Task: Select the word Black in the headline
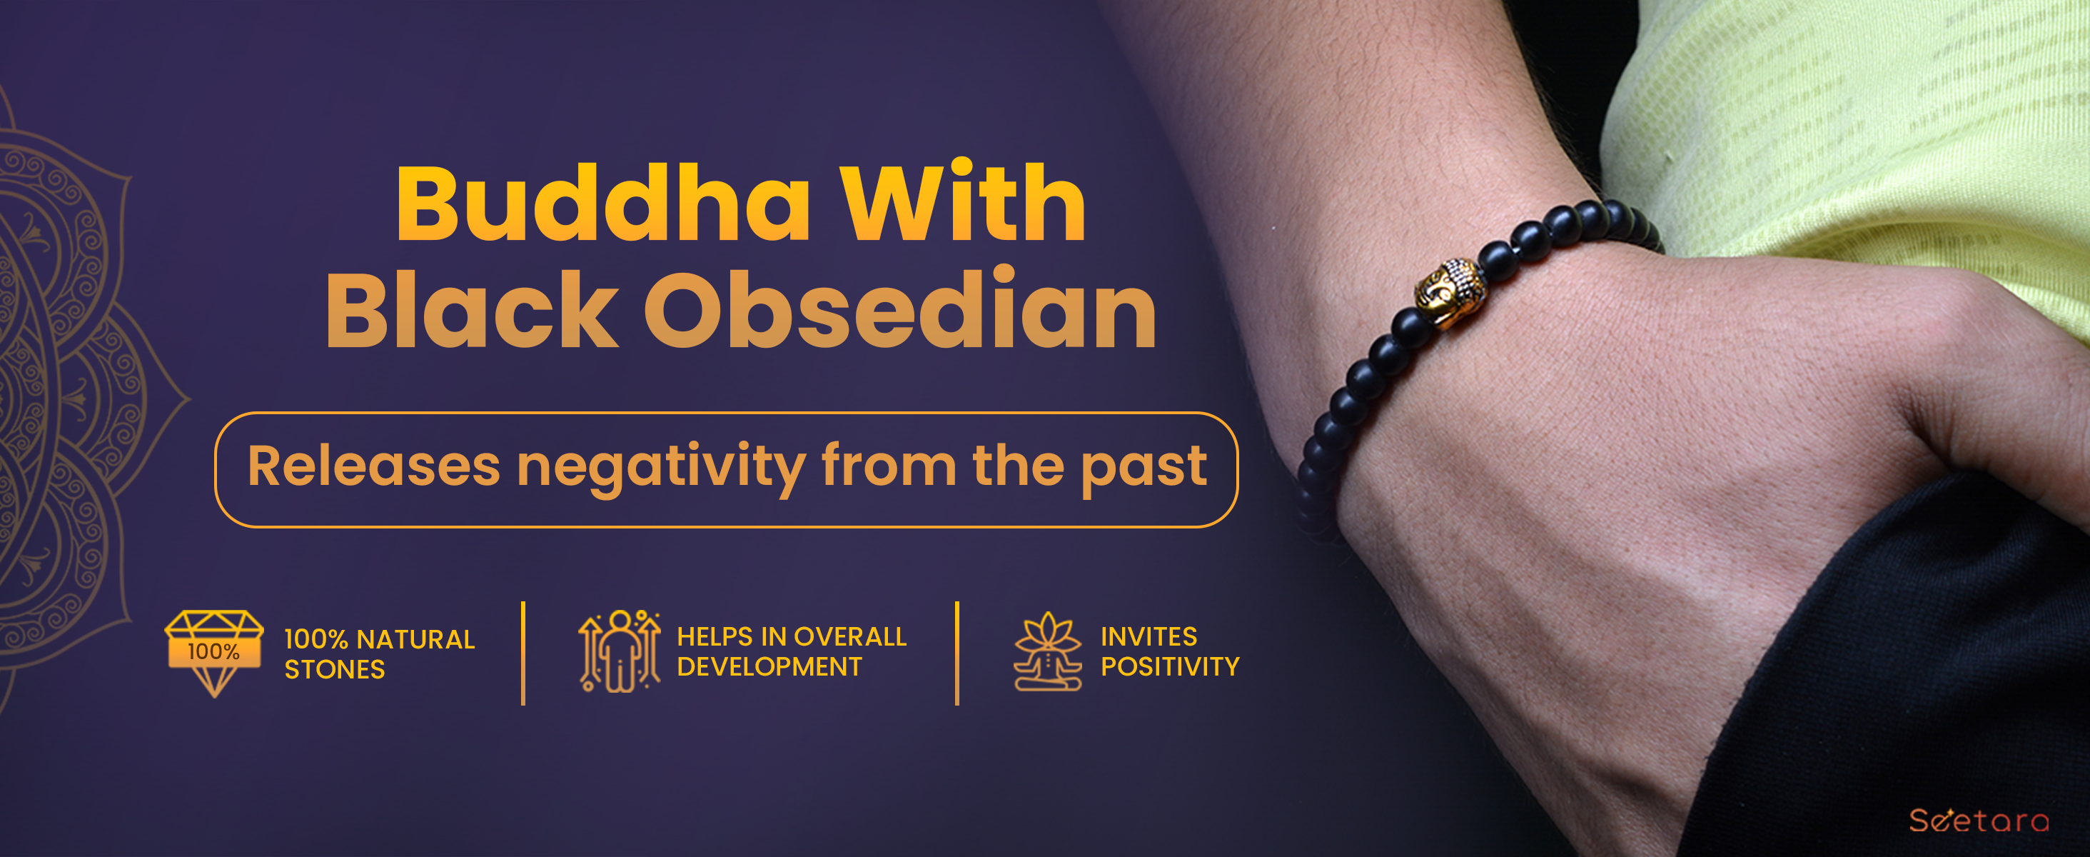click(x=473, y=309)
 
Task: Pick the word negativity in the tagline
click(x=661, y=468)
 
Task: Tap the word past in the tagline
click(x=1145, y=469)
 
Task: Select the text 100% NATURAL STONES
click(x=380, y=654)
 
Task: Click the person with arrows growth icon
click(x=619, y=651)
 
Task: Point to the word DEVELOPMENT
click(x=769, y=667)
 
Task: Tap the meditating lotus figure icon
click(x=1047, y=651)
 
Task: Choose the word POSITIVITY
click(x=1170, y=667)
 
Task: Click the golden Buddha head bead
click(x=1450, y=294)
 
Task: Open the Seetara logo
click(x=1979, y=821)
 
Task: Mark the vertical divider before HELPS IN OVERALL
click(x=523, y=653)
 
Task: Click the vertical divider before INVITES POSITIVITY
click(x=957, y=653)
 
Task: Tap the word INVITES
click(x=1149, y=637)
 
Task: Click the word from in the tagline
click(x=889, y=466)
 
